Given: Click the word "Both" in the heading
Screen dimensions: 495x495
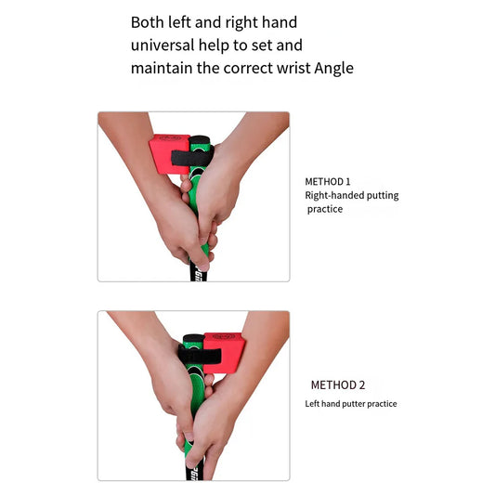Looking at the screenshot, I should pyautogui.click(x=148, y=21).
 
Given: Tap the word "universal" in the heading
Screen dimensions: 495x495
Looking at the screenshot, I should pyautogui.click(x=163, y=45).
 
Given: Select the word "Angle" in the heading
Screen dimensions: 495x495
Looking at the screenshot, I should pyautogui.click(x=333, y=68).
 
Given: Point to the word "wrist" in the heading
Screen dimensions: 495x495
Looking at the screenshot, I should pyautogui.click(x=292, y=68).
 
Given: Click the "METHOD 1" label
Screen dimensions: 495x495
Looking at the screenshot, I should pyautogui.click(x=328, y=182).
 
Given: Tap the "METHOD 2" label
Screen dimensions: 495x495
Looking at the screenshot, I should pyautogui.click(x=338, y=384).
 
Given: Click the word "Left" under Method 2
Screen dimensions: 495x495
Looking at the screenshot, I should pyautogui.click(x=313, y=404).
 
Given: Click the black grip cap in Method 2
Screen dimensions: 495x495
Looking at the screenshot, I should pyautogui.click(x=193, y=338).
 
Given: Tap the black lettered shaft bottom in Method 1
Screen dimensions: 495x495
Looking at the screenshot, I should pyautogui.click(x=197, y=271).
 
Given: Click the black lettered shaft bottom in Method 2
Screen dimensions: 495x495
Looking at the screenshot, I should pyautogui.click(x=190, y=470).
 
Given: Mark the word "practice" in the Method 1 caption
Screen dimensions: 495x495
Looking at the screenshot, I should pyautogui.click(x=325, y=210).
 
